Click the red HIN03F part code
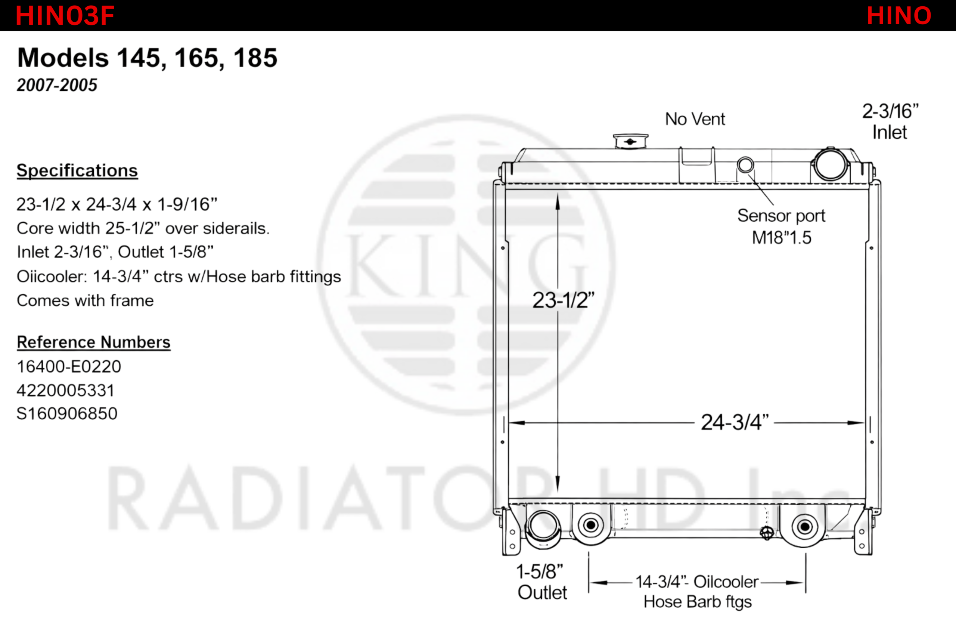coord(65,16)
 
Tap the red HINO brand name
coord(899,16)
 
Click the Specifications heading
coord(77,170)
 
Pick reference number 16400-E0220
coord(69,366)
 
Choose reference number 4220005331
coord(65,390)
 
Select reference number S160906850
coord(67,413)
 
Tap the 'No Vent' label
coord(695,119)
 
